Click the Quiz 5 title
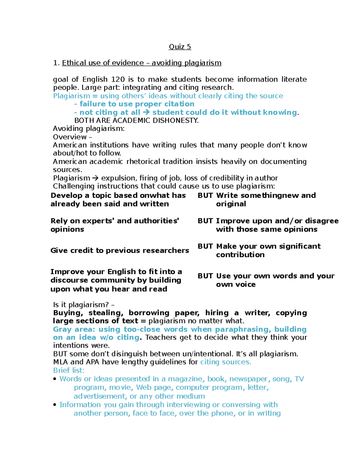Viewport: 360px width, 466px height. (x=180, y=47)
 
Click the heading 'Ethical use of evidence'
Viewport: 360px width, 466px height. (x=103, y=63)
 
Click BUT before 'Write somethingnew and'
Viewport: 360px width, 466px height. (x=205, y=196)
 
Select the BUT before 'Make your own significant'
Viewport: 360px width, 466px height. (x=205, y=246)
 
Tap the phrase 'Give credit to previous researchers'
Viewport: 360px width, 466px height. (x=120, y=251)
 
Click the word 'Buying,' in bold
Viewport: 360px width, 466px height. (x=68, y=313)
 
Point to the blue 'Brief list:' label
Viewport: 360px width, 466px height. (x=69, y=371)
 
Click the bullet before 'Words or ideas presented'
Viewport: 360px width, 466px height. (x=55, y=379)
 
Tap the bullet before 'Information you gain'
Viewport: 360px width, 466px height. (x=55, y=405)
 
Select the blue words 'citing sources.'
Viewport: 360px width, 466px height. (x=225, y=362)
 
